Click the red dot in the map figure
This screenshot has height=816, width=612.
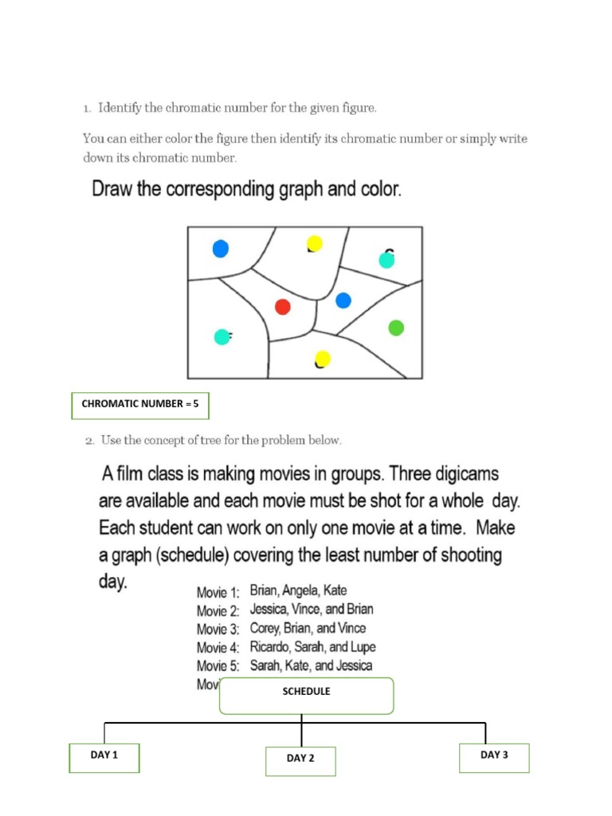(282, 307)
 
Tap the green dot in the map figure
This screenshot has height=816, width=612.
(396, 328)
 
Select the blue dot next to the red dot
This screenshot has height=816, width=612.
(343, 300)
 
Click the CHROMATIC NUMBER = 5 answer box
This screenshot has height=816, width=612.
(140, 405)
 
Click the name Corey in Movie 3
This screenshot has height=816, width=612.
(266, 628)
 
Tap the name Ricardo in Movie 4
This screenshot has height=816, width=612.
(272, 647)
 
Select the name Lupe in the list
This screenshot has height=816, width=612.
(359, 647)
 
